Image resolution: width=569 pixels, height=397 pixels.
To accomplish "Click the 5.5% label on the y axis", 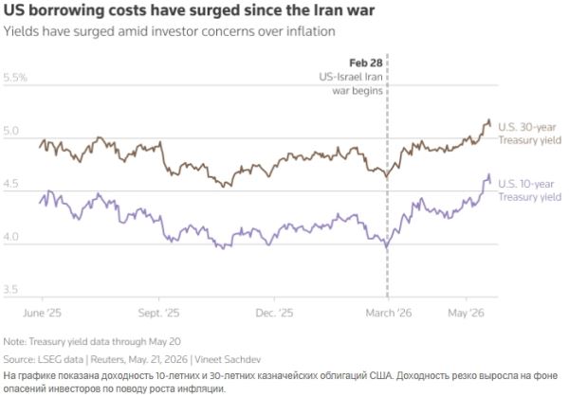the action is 15,78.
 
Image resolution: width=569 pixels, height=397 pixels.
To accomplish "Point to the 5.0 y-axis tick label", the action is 10,131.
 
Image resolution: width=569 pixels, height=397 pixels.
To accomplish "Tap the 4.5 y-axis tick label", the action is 10,184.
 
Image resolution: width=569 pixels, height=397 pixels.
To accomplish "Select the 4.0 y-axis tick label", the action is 10,236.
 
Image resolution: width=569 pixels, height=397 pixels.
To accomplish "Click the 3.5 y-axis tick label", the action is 10,289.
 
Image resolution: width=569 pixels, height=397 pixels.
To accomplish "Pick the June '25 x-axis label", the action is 42,313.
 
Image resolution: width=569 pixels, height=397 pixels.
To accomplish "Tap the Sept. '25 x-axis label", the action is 158,313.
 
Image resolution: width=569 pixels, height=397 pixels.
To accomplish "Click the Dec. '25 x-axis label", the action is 274,313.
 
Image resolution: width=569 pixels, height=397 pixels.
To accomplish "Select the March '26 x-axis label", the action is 389,313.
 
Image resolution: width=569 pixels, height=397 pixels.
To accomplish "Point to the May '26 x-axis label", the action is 467,313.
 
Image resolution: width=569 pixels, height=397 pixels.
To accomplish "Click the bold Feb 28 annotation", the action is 366,63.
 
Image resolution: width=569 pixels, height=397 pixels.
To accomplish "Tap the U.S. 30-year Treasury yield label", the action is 529,134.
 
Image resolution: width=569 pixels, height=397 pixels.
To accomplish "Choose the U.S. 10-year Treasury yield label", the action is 529,190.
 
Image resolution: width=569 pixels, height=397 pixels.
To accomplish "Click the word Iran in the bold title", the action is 326,9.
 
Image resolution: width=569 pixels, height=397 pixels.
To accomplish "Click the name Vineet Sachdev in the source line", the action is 228,360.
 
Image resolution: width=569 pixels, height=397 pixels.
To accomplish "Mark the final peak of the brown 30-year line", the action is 488,119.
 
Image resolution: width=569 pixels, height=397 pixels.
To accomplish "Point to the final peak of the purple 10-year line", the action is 488,174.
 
